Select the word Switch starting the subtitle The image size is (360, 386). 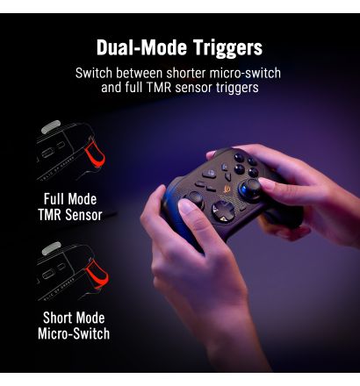point(95,73)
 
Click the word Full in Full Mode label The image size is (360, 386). point(57,199)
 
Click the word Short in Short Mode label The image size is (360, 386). point(60,318)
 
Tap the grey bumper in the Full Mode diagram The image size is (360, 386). point(51,127)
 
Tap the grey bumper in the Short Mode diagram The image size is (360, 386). point(51,248)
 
